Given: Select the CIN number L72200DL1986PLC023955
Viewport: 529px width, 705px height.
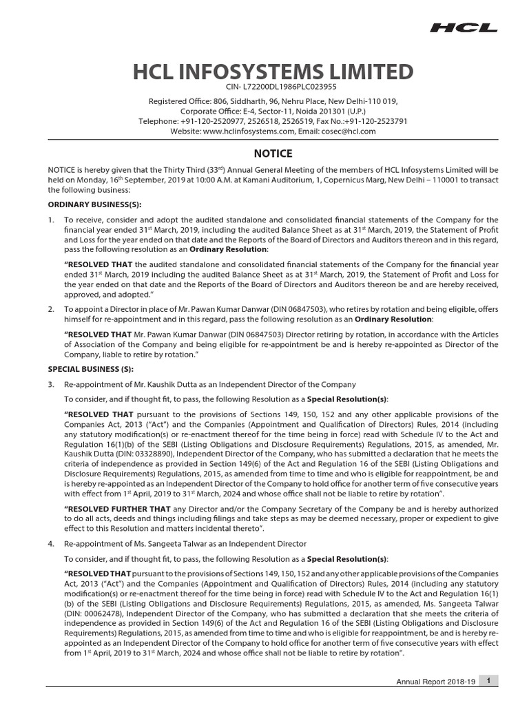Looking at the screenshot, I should click(281, 87).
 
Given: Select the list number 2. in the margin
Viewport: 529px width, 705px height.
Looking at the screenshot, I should click(51, 310).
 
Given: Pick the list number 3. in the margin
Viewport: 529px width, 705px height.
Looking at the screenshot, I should click(51, 383).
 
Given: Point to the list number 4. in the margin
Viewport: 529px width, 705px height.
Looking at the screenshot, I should click(51, 544).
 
